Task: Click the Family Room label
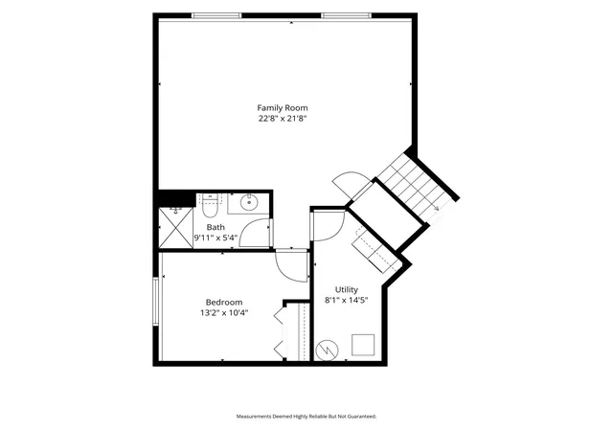click(x=283, y=108)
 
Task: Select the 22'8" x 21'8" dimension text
click(x=283, y=119)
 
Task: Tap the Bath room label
click(x=216, y=227)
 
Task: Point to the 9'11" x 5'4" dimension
click(x=216, y=238)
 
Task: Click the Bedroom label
click(x=224, y=303)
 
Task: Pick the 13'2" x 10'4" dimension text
click(x=224, y=313)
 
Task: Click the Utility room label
click(x=347, y=290)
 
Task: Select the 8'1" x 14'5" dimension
click(x=347, y=301)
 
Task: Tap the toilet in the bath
click(x=210, y=206)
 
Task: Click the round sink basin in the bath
click(x=248, y=203)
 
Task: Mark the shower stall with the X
click(x=176, y=228)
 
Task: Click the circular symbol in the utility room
click(x=328, y=350)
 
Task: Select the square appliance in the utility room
click(x=363, y=345)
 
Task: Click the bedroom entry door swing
click(x=281, y=270)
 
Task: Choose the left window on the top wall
click(x=216, y=15)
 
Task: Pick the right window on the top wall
click(x=346, y=15)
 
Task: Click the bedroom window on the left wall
click(x=155, y=301)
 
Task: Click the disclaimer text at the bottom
click(x=306, y=417)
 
